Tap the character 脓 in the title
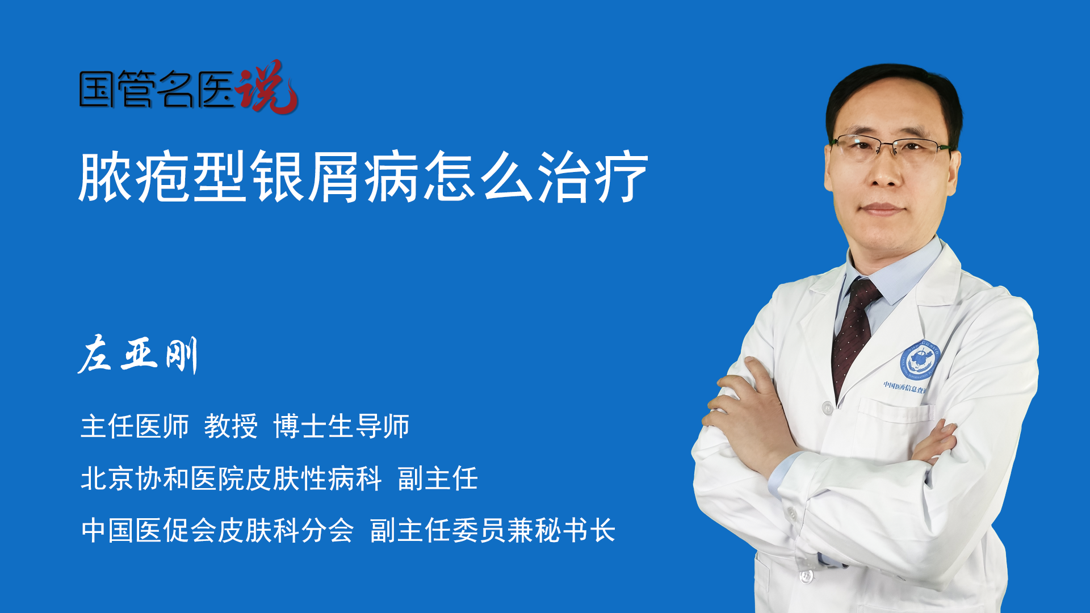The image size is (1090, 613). pos(106,177)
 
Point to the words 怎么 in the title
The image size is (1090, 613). pos(479,177)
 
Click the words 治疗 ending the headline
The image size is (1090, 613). pos(593,177)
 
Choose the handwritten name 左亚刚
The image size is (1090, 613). pos(138,354)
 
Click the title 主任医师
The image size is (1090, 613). pos(135,426)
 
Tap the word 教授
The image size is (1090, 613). pos(231,426)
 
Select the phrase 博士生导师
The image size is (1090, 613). pos(341,426)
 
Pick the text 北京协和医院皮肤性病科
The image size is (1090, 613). pos(231,478)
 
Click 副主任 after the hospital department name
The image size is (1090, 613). pos(438,478)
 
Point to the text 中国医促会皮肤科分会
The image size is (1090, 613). pos(217,531)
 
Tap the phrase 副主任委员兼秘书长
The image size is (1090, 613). pos(493,531)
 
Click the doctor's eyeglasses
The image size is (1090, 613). pos(891,146)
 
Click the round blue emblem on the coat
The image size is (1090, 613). pos(920,360)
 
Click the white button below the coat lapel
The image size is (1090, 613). pos(827,408)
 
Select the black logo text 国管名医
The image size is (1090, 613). pos(157,89)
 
